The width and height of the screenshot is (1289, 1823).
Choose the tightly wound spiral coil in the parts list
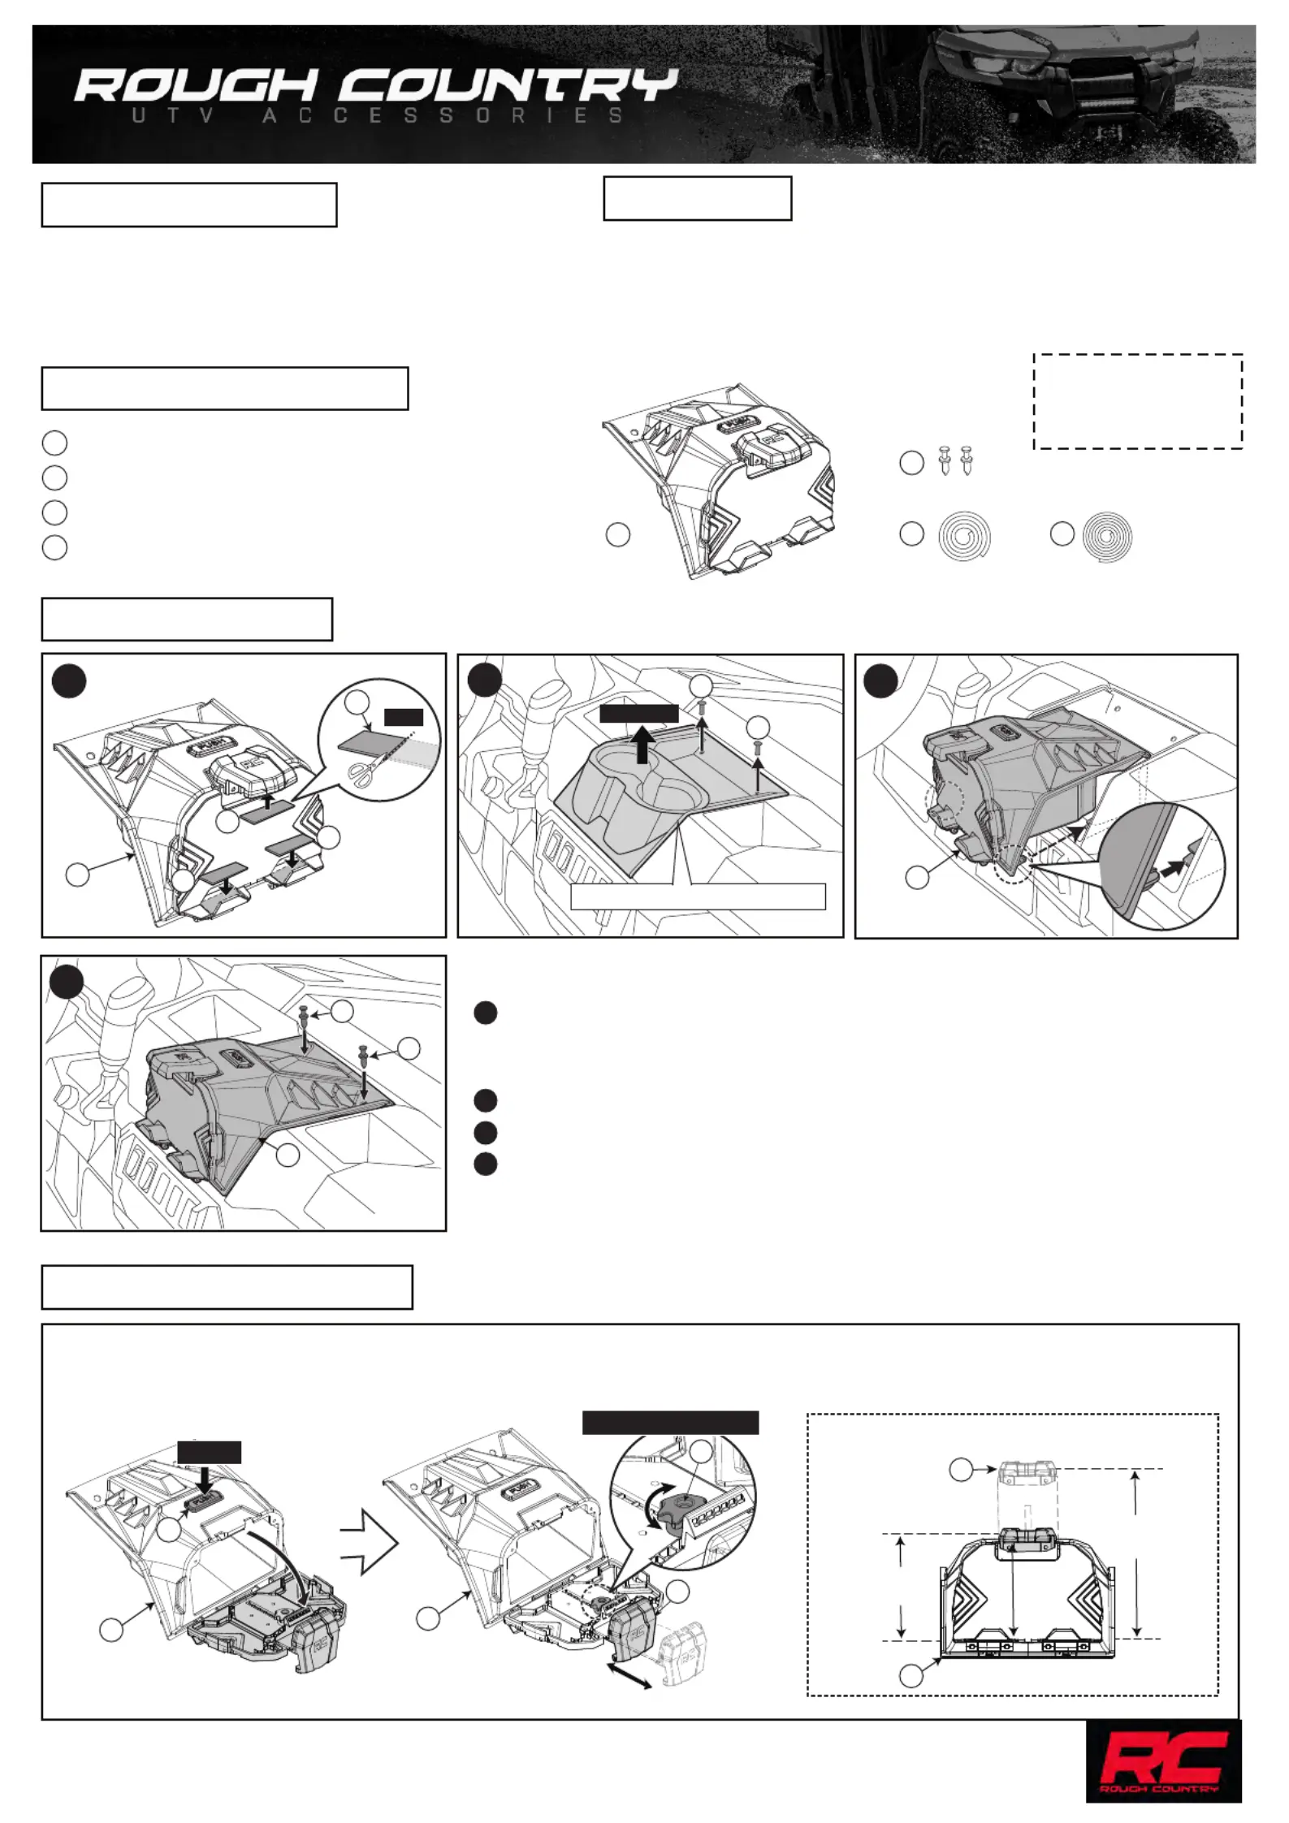point(1108,536)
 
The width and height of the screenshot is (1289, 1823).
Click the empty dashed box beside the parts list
point(1137,401)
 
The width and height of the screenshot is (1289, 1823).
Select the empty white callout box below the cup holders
point(698,896)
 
